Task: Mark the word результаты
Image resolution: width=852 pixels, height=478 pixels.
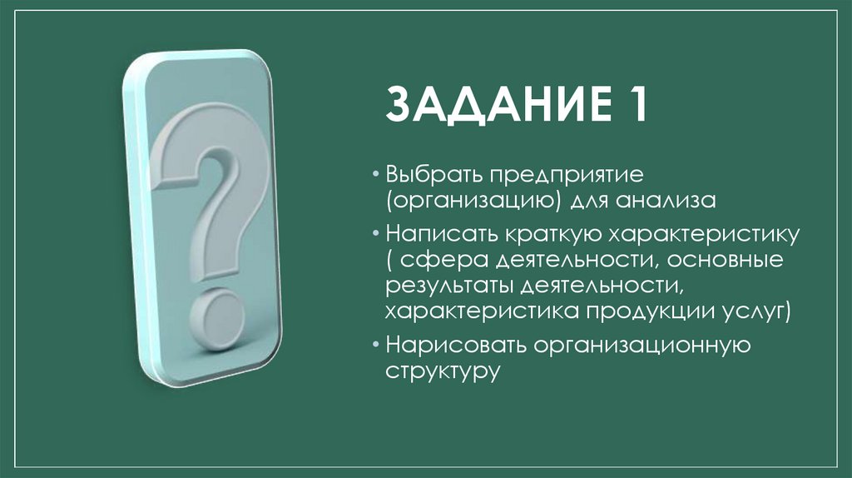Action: click(450, 286)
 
